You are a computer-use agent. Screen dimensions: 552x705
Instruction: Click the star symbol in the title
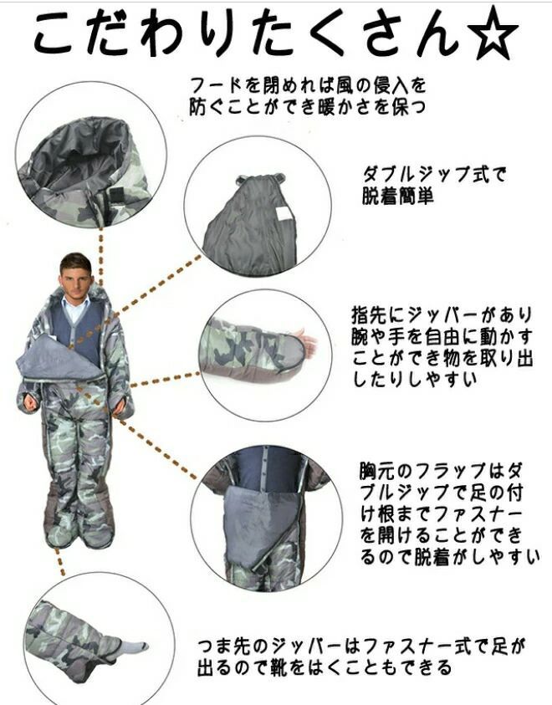point(493,33)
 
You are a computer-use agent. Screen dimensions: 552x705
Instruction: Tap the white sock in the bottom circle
point(134,647)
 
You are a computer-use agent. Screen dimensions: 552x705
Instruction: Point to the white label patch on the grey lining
point(284,214)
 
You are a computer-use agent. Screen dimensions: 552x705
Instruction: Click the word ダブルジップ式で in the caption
point(434,175)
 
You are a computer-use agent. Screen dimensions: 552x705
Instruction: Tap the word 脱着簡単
point(398,196)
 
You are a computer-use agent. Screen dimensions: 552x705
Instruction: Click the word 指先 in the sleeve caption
point(370,314)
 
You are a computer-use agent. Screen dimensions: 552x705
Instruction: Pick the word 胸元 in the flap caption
point(376,471)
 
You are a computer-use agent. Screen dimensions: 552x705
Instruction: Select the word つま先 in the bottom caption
point(224,646)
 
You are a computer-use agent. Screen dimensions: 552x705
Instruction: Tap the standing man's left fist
point(119,406)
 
